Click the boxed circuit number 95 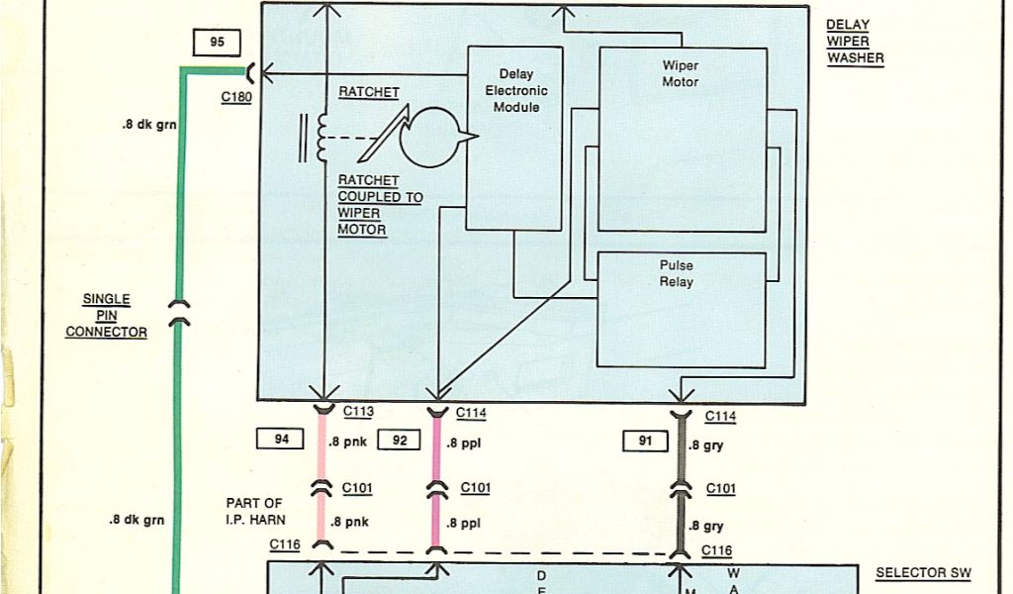218,43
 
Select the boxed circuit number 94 282,440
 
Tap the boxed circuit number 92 400,440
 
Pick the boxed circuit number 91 645,442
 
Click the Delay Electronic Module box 514,138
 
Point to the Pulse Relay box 681,309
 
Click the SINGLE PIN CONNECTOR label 106,316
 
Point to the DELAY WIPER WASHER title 855,41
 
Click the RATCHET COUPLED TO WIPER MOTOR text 379,205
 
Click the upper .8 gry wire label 707,445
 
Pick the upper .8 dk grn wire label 143,125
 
